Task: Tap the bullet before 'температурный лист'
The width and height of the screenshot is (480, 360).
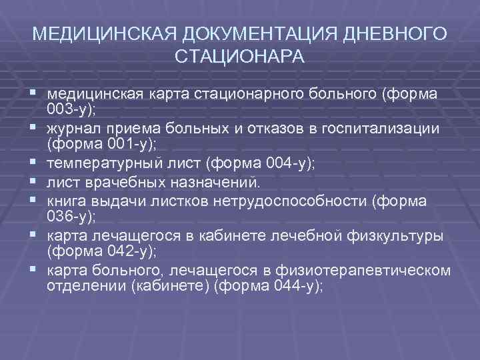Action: coord(32,161)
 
